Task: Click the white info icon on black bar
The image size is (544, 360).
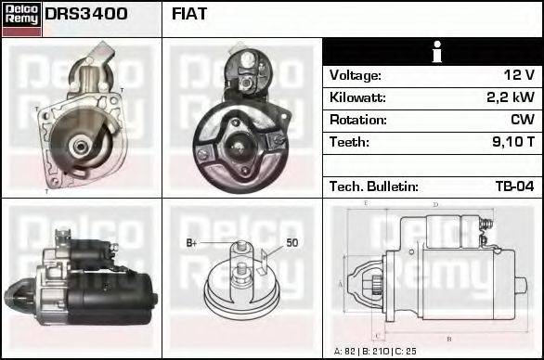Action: click(434, 52)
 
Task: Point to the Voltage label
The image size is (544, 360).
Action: click(356, 75)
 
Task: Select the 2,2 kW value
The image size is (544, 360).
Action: click(511, 97)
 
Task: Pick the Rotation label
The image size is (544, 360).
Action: click(357, 120)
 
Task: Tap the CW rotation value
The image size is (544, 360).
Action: click(522, 120)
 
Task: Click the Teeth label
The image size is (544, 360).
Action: click(349, 142)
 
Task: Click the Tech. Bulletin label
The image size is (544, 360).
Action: click(374, 186)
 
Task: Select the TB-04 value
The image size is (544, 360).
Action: click(514, 186)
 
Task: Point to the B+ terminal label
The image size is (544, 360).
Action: click(192, 243)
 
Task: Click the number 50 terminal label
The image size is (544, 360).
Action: click(291, 243)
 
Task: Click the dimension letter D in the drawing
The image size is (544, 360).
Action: click(435, 204)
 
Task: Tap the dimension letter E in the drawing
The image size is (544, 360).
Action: click(367, 202)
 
